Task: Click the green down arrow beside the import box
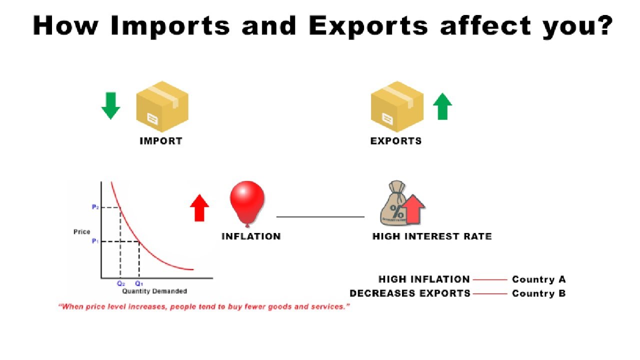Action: pos(110,105)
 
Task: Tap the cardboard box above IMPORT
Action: pos(162,106)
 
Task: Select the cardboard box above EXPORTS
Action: pos(397,106)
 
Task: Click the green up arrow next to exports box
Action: pos(442,106)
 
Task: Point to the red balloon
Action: pos(247,201)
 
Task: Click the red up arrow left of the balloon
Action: pos(199,207)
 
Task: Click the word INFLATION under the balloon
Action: pos(251,236)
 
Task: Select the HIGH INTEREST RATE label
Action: pos(432,236)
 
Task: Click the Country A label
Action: pos(538,280)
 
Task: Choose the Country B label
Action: pos(538,293)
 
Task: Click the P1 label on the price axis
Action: pos(95,241)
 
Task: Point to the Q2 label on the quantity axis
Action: pos(120,283)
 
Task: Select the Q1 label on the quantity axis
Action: pos(139,283)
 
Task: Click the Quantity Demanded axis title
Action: pos(154,291)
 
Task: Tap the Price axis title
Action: pos(82,232)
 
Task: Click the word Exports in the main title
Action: pos(368,26)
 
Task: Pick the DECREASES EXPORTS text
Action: pos(410,293)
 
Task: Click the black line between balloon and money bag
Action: pos(320,217)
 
